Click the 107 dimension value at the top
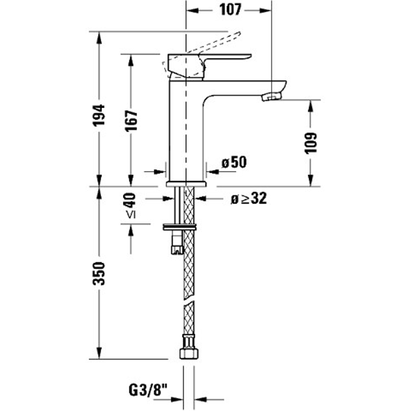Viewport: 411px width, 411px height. coord(229,9)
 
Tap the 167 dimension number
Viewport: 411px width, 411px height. coord(131,120)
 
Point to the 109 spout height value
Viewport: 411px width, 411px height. coord(311,143)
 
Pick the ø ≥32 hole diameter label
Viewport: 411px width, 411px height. coord(248,199)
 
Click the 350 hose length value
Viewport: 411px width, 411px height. coord(99,273)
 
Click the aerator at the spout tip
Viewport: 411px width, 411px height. coord(271,97)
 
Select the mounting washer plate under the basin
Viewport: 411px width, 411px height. coord(180,226)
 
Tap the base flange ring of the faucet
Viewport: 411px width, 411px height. coord(185,184)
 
